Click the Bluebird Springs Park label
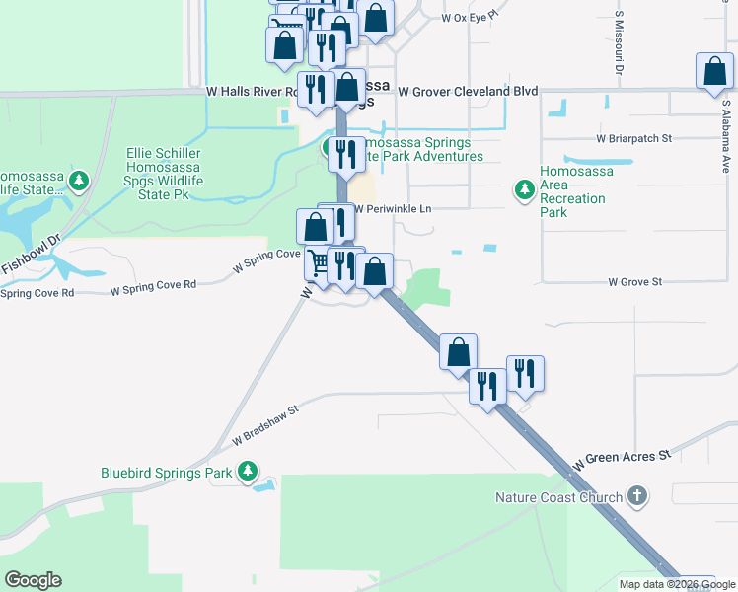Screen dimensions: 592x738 (x=166, y=473)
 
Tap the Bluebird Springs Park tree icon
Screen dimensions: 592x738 (x=250, y=472)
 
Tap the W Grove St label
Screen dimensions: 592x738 (x=634, y=282)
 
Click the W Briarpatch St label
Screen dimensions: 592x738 (x=633, y=139)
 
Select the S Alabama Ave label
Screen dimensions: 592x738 (x=725, y=134)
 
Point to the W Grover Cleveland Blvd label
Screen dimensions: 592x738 (x=468, y=92)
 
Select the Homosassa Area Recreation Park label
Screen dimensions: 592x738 (x=576, y=191)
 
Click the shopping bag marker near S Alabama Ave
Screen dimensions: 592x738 (x=714, y=73)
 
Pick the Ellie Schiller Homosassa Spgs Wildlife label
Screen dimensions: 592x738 (x=163, y=174)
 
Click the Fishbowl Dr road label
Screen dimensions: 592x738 (x=31, y=254)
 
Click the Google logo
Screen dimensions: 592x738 (x=33, y=580)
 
